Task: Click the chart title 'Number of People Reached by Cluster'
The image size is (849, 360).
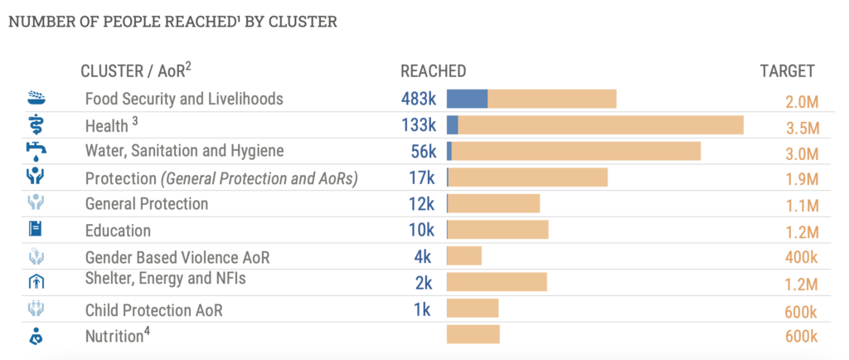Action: [172, 22]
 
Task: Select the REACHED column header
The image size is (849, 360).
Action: [433, 71]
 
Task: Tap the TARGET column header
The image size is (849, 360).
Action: [787, 71]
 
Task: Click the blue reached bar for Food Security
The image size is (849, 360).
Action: [467, 99]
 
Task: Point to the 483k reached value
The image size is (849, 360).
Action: [419, 100]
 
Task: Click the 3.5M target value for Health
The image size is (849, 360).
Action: [802, 129]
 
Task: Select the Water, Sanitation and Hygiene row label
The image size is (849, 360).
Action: [184, 151]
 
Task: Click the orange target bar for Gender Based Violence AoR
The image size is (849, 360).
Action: [464, 256]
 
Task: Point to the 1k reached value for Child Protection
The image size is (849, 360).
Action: [423, 310]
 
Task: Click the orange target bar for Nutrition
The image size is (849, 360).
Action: [473, 334]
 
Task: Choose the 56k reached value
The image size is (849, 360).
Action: [423, 152]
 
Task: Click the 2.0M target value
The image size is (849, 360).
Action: [802, 102]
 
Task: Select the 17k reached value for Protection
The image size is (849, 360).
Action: [422, 178]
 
